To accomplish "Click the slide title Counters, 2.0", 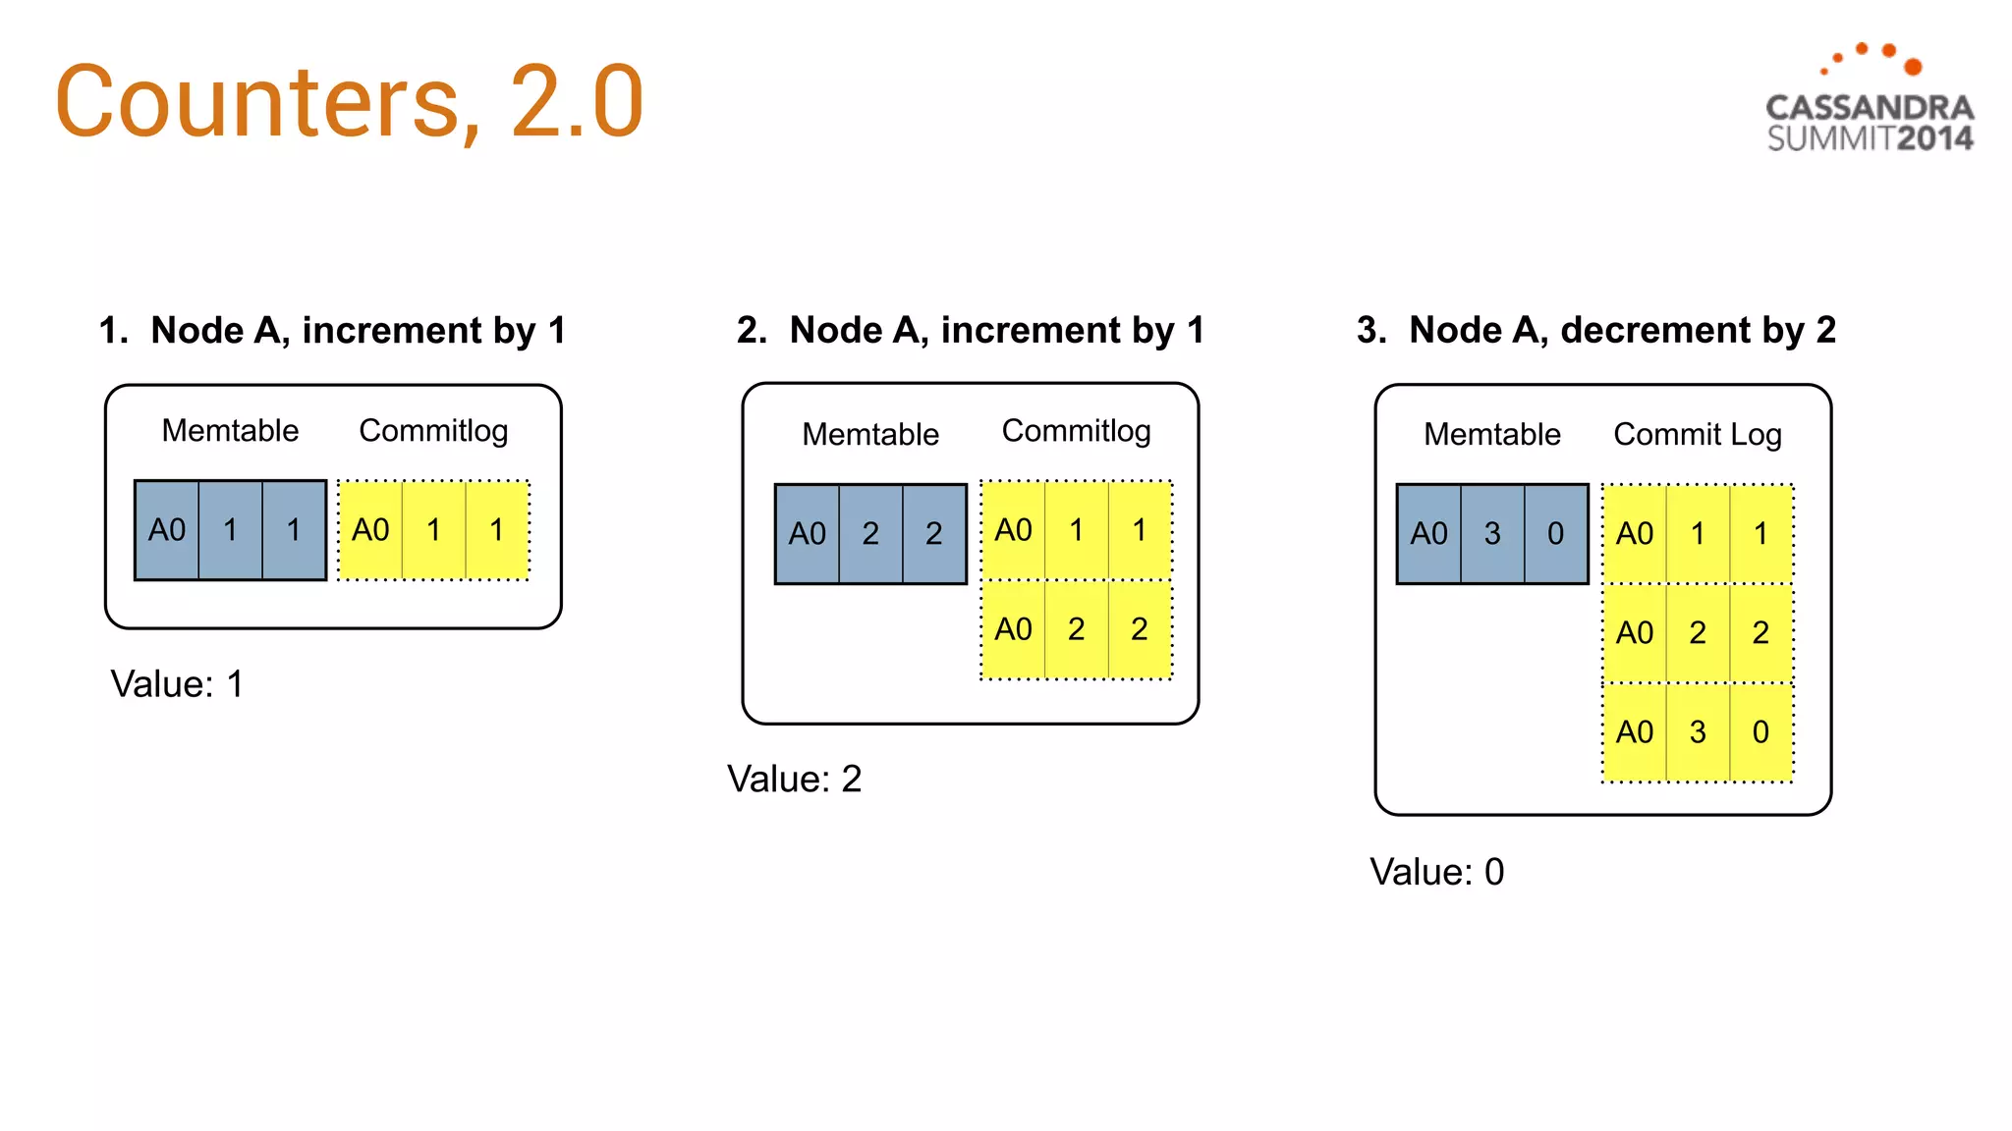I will pyautogui.click(x=349, y=101).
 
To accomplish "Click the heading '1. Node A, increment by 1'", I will pyautogui.click(x=332, y=331).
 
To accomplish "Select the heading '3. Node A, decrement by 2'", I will pyautogui.click(x=1595, y=331).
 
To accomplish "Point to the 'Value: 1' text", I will pyautogui.click(x=177, y=684).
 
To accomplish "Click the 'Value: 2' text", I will pyautogui.click(x=794, y=780).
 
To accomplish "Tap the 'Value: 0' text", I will pyautogui.click(x=1436, y=872).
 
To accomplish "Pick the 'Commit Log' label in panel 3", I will pyautogui.click(x=1697, y=434).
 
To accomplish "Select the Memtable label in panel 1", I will pyautogui.click(x=230, y=431).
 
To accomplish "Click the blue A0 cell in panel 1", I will pyautogui.click(x=167, y=530).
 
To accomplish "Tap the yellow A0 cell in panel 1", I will pyautogui.click(x=370, y=530).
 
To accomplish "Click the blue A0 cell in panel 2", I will pyautogui.click(x=808, y=534).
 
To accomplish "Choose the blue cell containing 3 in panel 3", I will pyautogui.click(x=1492, y=534).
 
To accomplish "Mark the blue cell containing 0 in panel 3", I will pyautogui.click(x=1555, y=534).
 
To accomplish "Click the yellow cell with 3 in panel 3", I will pyautogui.click(x=1698, y=732).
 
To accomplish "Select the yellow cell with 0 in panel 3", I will pyautogui.click(x=1760, y=732).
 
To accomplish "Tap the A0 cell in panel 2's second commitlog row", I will pyautogui.click(x=1013, y=629).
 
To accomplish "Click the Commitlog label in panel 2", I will pyautogui.click(x=1076, y=431).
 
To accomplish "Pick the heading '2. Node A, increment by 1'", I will pyautogui.click(x=971, y=331).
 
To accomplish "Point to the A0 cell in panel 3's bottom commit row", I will pyautogui.click(x=1635, y=732).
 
